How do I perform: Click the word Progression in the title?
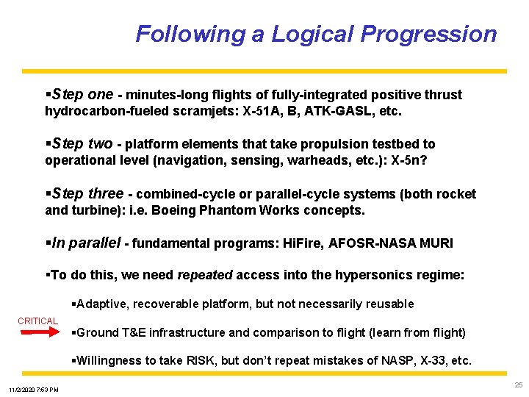(x=428, y=35)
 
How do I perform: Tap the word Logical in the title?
(x=312, y=35)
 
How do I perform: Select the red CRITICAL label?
(x=38, y=321)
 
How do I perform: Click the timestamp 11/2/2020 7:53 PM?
(x=34, y=389)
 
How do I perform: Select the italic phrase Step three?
(x=86, y=194)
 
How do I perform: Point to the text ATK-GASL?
(x=345, y=112)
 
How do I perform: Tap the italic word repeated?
(x=204, y=275)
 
